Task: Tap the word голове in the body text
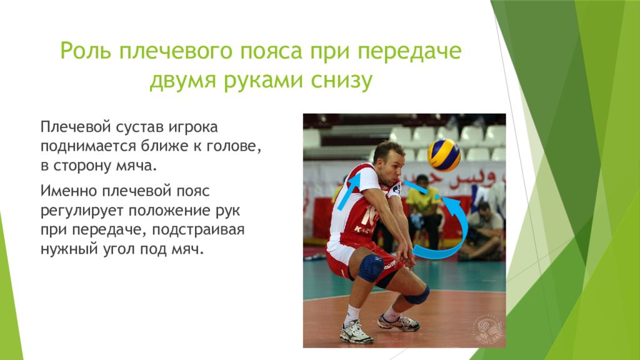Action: point(233,146)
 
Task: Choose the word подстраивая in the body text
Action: point(198,230)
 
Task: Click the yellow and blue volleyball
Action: point(444,155)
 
